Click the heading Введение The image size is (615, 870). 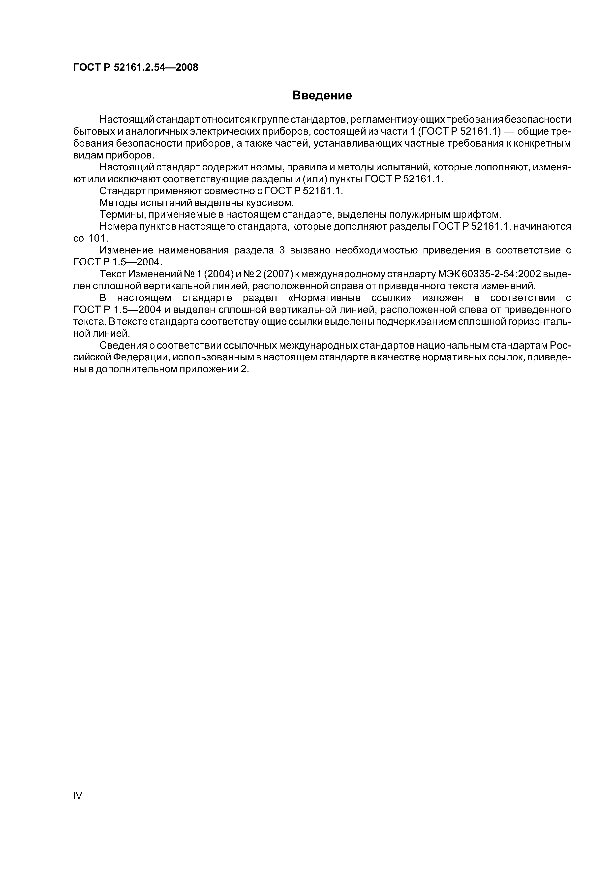[x=322, y=95]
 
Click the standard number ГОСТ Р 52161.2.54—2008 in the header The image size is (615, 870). [x=135, y=67]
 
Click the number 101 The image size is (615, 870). [x=98, y=238]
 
